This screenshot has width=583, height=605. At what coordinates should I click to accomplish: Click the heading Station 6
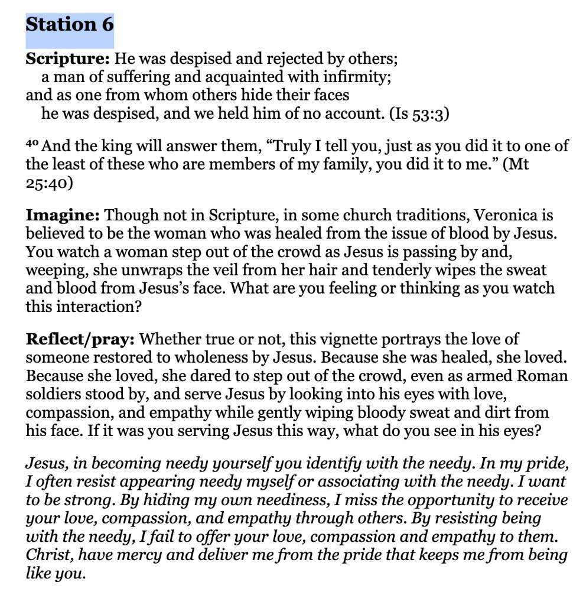(x=70, y=25)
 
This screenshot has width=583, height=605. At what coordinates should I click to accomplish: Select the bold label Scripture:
(x=67, y=59)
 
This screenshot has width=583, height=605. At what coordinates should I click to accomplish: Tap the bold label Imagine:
(x=63, y=215)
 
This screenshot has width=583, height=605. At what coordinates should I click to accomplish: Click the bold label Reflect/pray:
(x=81, y=340)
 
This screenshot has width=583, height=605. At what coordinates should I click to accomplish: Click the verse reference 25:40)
(x=50, y=183)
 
